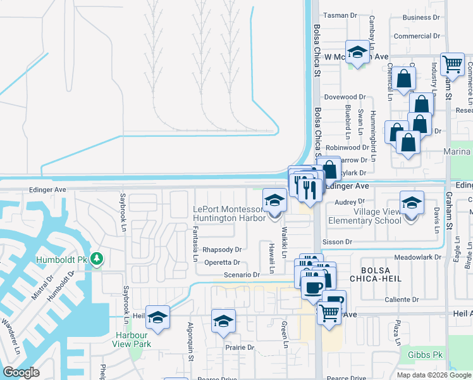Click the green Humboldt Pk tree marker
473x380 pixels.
coord(96,258)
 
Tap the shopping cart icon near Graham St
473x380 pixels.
coord(452,63)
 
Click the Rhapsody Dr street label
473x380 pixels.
coord(222,250)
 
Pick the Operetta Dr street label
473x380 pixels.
coord(221,262)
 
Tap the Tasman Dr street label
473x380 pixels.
coord(341,15)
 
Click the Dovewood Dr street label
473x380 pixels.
coord(345,98)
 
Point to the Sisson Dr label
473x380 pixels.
coord(336,242)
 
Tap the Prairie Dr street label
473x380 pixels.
coord(240,348)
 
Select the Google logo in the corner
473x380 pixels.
coord(21,372)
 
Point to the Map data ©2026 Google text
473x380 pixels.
coord(433,375)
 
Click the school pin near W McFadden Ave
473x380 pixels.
coord(357,53)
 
